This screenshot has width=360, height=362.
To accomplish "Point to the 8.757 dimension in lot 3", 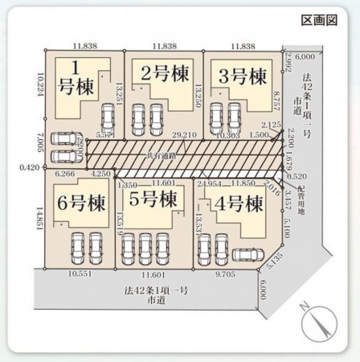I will [276, 101].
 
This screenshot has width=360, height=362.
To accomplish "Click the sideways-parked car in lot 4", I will [247, 256].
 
